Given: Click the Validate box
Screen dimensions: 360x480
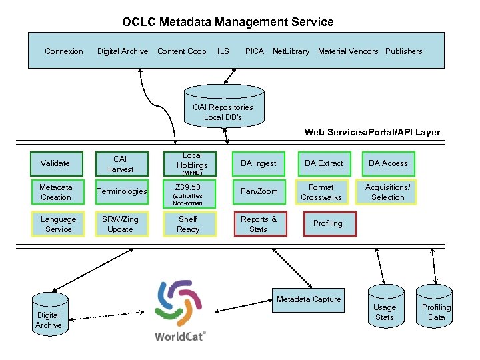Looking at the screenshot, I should tap(55, 163).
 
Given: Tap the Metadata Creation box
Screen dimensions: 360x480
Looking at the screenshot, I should tap(56, 192).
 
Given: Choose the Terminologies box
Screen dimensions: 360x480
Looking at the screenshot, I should tap(122, 192).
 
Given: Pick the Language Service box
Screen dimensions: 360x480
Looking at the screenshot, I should tap(59, 224).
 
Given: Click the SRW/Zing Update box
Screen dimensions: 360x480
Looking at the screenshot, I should tap(121, 224).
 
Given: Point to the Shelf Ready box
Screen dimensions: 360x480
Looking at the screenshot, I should tap(188, 224).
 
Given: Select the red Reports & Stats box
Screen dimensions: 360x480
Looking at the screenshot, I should tap(259, 224).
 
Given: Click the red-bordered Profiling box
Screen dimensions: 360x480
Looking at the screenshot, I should tap(327, 224).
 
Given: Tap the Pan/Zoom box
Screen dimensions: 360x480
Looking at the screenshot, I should tap(259, 192).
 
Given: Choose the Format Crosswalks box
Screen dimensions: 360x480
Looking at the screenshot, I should tap(321, 192).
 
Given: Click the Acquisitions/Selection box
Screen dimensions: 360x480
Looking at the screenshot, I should tap(387, 192).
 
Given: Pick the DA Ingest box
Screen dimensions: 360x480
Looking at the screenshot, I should tap(258, 163).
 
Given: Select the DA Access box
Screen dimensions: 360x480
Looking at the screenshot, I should tap(388, 163).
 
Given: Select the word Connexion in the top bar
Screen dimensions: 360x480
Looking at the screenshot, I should tap(64, 51).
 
